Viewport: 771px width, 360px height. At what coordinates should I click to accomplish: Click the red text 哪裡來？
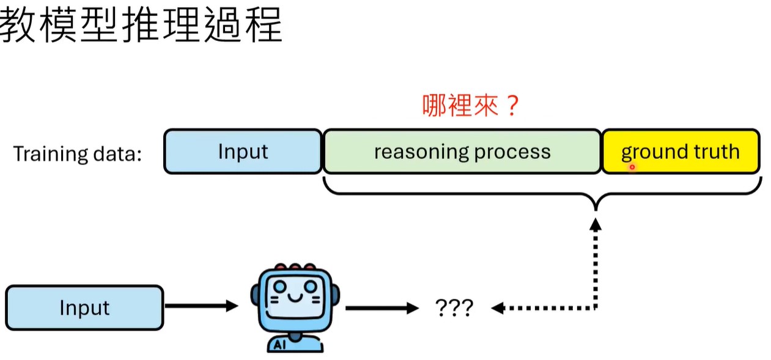(x=471, y=105)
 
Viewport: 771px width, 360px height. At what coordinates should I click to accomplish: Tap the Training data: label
(x=78, y=153)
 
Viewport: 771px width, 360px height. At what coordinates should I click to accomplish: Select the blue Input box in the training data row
(x=243, y=152)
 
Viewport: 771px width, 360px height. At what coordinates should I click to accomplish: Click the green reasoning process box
(x=462, y=152)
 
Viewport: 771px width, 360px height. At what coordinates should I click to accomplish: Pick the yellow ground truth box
(x=681, y=152)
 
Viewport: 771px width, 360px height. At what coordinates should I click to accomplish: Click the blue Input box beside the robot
(x=84, y=307)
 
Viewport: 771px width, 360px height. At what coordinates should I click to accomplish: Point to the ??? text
(x=454, y=308)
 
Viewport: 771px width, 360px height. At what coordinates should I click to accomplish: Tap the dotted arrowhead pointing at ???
(x=498, y=308)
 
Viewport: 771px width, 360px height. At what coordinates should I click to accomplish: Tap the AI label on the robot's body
(x=280, y=345)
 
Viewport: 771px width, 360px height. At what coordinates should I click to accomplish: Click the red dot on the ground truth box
(x=632, y=166)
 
